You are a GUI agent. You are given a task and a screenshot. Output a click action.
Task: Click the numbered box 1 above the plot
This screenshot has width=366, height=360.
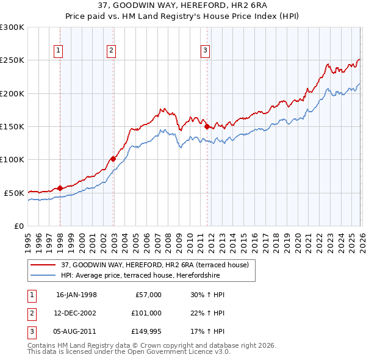click(x=59, y=51)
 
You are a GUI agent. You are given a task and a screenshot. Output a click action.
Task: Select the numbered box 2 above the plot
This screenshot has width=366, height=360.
click(x=112, y=51)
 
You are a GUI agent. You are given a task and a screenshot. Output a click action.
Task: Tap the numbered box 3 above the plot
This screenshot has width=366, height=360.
click(x=206, y=51)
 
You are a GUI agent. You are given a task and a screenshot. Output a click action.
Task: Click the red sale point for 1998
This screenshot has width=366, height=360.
click(x=60, y=188)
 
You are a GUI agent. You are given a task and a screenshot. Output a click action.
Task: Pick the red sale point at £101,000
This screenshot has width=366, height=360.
click(x=113, y=159)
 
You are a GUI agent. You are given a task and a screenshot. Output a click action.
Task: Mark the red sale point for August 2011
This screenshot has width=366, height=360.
click(x=207, y=126)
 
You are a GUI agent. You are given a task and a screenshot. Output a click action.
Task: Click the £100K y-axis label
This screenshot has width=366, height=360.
click(x=12, y=159)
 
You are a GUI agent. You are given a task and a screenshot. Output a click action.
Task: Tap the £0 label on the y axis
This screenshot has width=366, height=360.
click(x=18, y=226)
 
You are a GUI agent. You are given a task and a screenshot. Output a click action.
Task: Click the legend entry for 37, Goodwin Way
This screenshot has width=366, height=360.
click(x=154, y=265)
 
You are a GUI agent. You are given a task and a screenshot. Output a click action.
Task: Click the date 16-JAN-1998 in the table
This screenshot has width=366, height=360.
click(x=76, y=295)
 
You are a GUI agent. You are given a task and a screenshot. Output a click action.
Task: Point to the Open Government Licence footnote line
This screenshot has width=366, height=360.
click(x=129, y=352)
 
